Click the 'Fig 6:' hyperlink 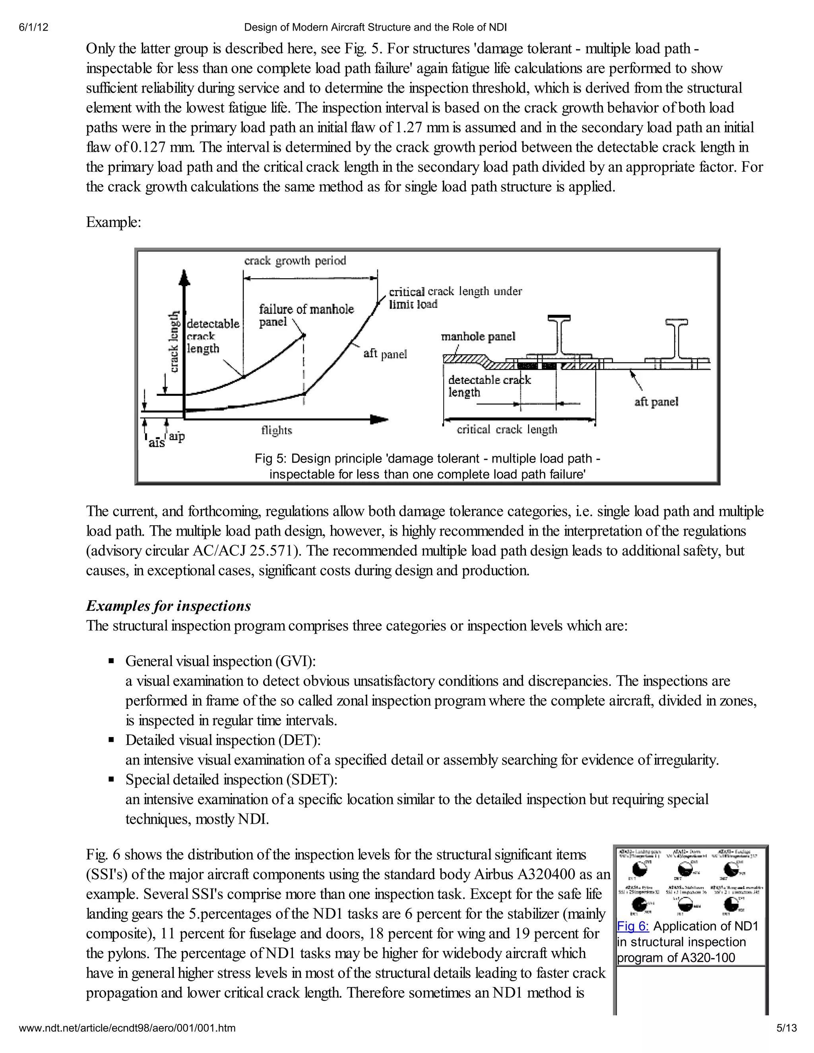(633, 926)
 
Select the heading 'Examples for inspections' (168, 606)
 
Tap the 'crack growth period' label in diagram (295, 261)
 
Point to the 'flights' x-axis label (276, 430)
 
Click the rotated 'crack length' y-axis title (174, 342)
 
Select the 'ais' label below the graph (156, 443)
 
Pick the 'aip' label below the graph (176, 436)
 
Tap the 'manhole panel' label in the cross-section (478, 336)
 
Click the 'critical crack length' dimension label (506, 429)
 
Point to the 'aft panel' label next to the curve (385, 354)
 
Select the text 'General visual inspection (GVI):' (220, 661)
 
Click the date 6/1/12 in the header (34, 27)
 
